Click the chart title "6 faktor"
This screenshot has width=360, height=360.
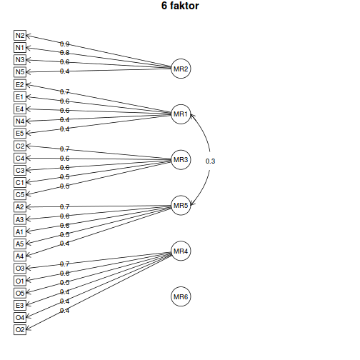[180, 6]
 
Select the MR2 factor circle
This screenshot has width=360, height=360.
[181, 69]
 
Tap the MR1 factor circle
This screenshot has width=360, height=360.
[181, 114]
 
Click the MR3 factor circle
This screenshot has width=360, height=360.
[181, 160]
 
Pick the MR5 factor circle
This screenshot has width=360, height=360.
[181, 206]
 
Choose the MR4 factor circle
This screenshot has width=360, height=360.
[181, 251]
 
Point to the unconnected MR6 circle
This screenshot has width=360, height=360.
[181, 297]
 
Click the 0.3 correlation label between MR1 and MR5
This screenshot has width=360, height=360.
[210, 161]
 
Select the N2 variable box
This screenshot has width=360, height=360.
[20, 35]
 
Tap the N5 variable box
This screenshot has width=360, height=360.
[20, 71]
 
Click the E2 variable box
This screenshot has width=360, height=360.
[20, 84]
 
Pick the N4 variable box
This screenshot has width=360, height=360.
[20, 121]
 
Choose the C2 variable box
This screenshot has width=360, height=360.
[20, 146]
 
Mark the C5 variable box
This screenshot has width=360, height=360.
[20, 194]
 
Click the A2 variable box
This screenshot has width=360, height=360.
[20, 207]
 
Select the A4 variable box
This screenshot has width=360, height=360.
[20, 256]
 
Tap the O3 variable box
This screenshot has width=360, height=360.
[20, 268]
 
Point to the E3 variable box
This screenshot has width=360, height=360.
[20, 305]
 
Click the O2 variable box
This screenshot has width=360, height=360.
[20, 329]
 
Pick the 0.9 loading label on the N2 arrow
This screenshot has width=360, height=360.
[64, 44]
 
